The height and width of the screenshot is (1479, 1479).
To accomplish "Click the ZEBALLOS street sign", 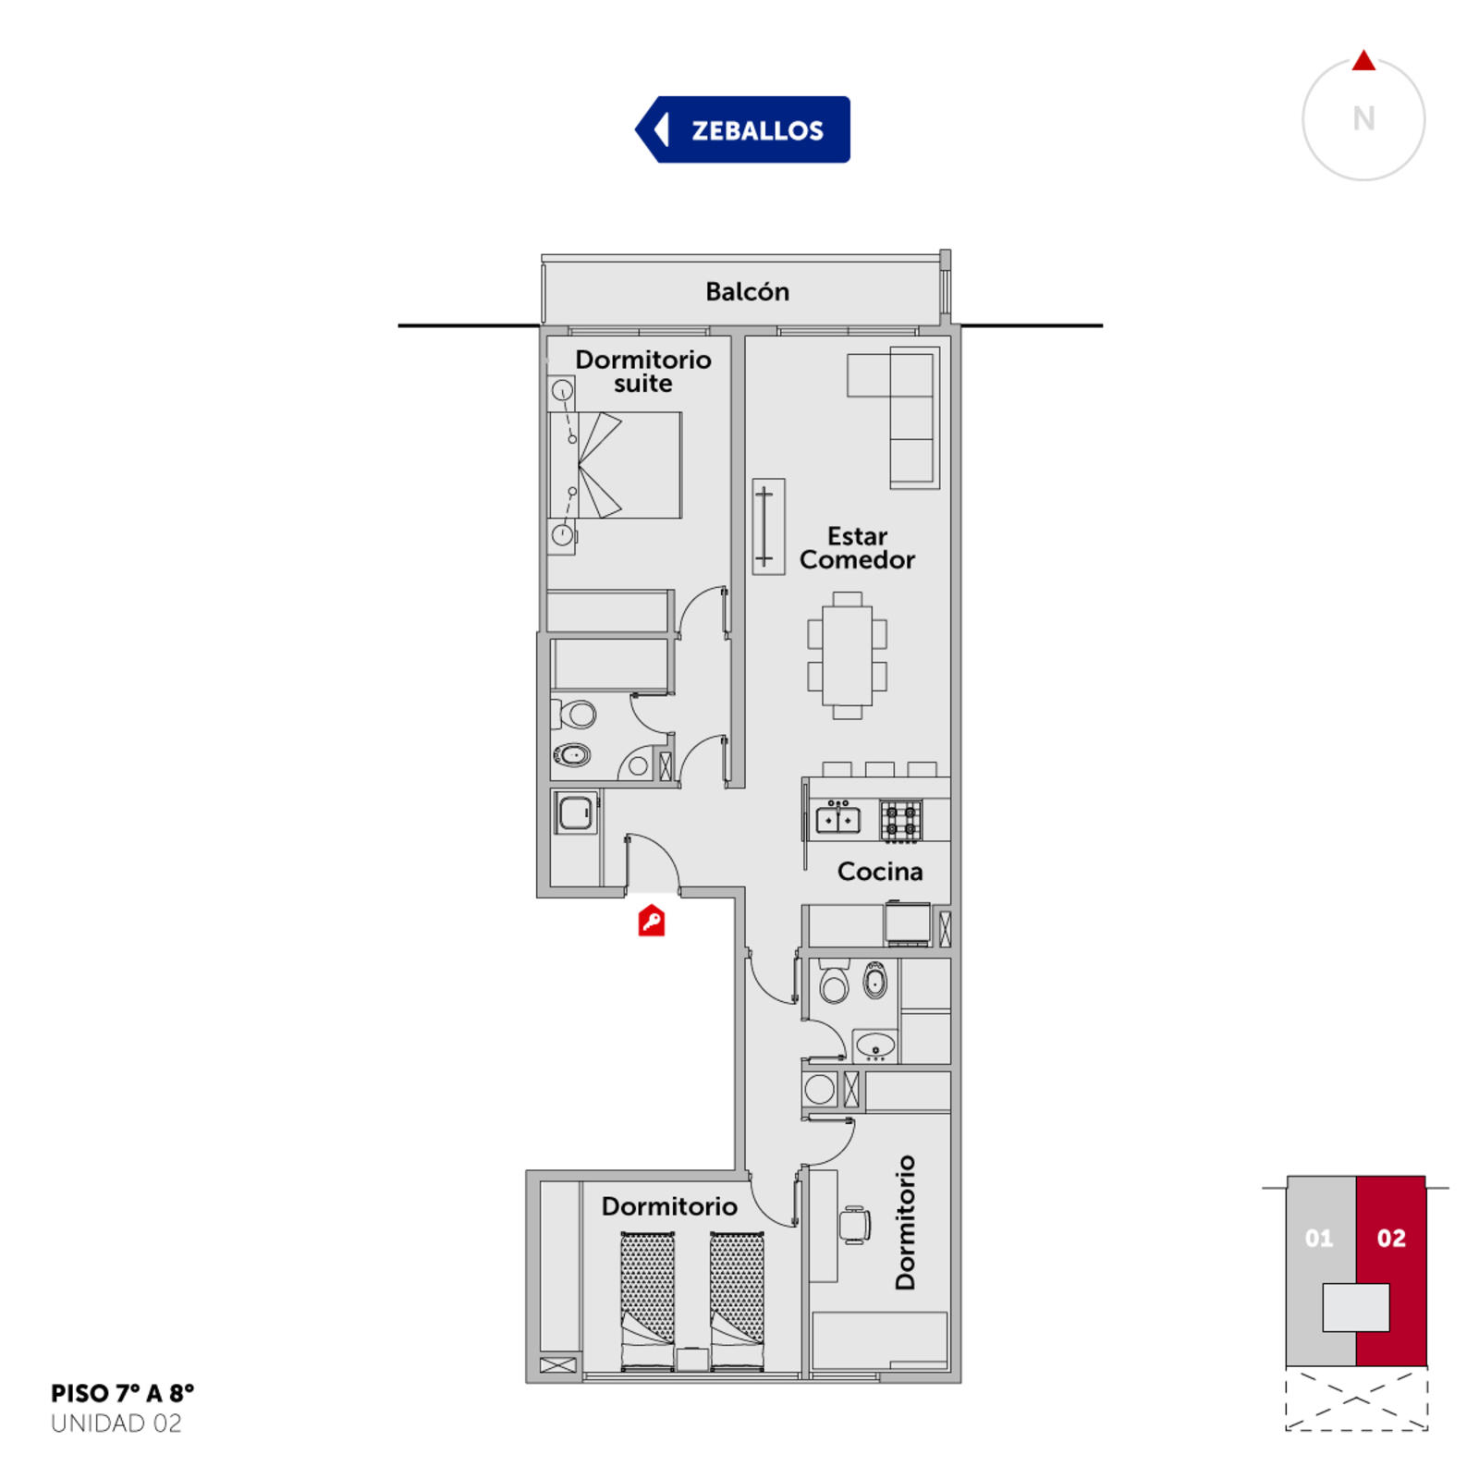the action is pos(742,129).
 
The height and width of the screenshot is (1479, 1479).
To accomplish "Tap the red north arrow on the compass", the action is pos(1363,60).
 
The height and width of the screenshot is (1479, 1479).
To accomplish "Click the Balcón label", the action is pos(747,291).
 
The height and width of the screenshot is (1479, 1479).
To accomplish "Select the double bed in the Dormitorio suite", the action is pos(616,465).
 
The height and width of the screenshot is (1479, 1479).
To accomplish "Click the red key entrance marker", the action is pos(652,920).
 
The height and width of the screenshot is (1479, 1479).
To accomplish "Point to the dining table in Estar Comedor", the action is pos(847,655).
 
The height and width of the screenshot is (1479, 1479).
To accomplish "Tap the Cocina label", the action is pos(879,871).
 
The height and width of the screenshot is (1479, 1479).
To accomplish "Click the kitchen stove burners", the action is pos(900,821).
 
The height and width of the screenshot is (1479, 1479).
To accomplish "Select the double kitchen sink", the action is pos(837,820).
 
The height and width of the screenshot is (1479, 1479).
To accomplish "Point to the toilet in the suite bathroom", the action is pos(574,715).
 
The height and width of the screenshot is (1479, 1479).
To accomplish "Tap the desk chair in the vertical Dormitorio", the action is pos(855,1225).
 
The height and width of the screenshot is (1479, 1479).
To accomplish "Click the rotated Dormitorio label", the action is pos(905,1222).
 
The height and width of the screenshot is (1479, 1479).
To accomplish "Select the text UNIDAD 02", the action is pos(116,1424).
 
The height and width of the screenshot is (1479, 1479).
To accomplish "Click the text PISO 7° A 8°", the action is pos(123,1393).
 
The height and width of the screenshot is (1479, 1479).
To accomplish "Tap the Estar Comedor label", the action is pos(857,548).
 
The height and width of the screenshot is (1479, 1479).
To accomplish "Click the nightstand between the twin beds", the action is pos(692,1360).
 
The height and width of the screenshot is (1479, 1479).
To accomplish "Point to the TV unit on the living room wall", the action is pos(768,527).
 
